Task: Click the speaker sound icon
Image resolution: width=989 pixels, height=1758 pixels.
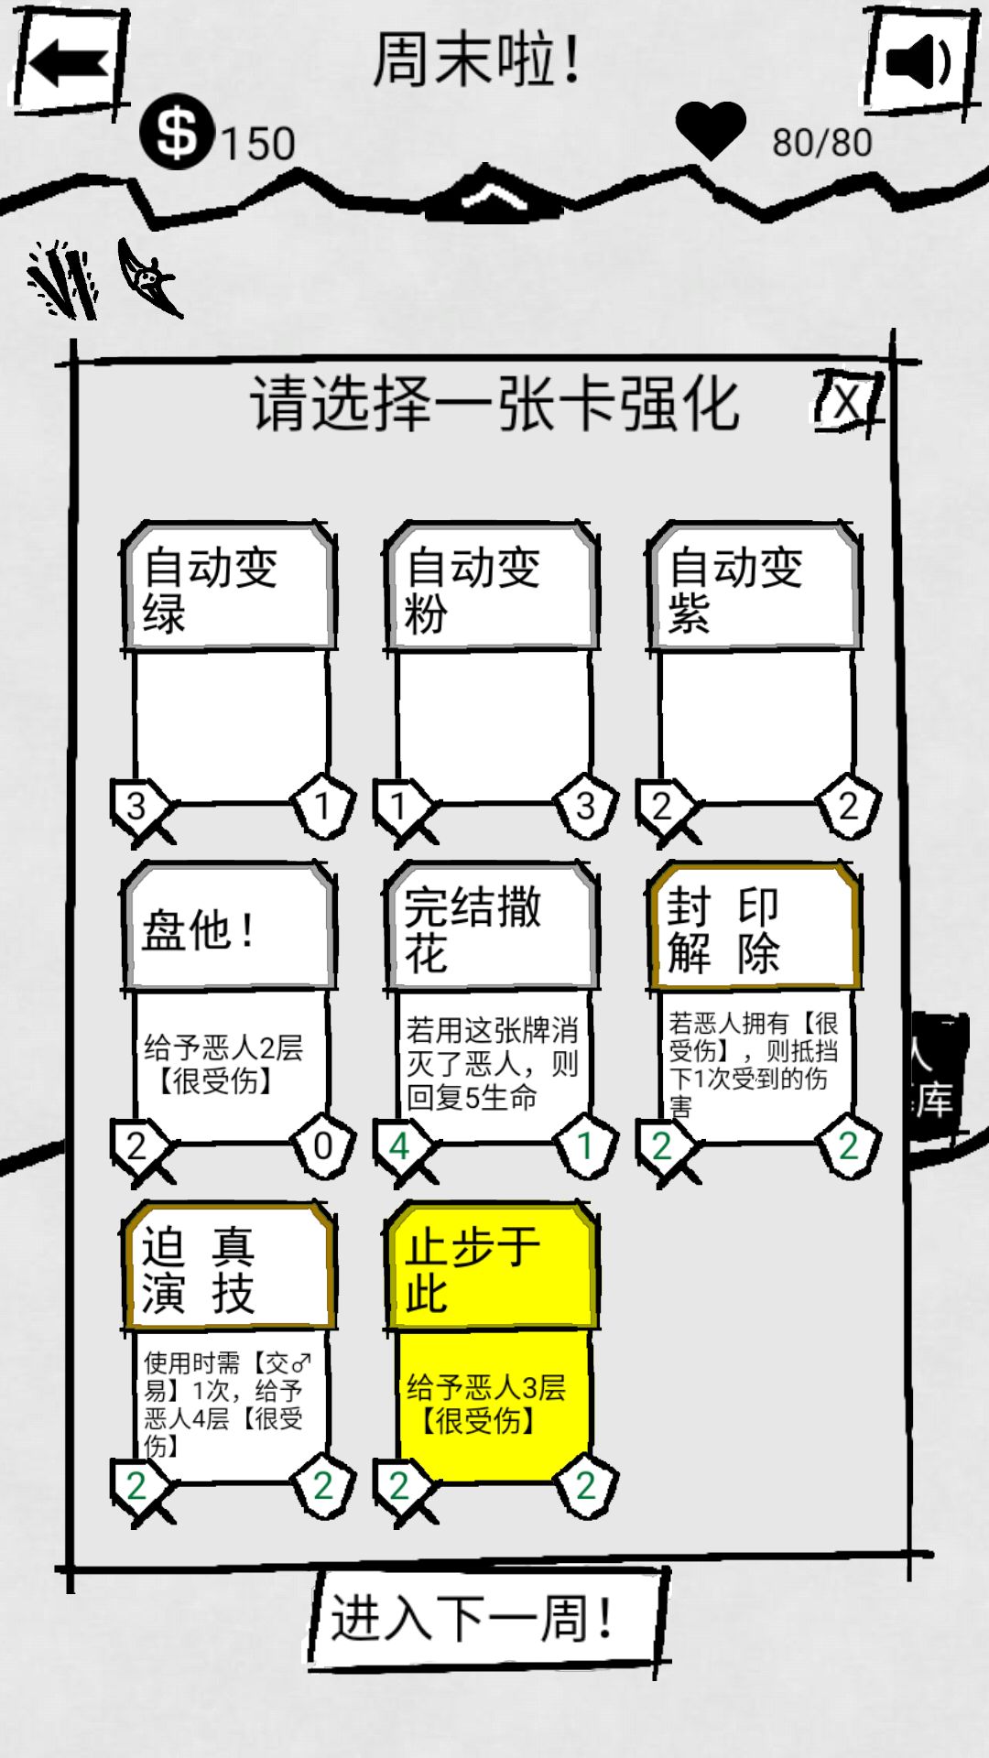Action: (919, 62)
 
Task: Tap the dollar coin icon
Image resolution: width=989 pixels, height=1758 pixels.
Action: (177, 132)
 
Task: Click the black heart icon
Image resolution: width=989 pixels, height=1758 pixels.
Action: (711, 130)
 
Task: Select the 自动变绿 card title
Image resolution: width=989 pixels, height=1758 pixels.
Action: (211, 590)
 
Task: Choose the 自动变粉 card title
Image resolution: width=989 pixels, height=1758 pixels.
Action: (473, 590)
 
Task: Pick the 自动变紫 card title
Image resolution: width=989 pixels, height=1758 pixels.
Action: (735, 590)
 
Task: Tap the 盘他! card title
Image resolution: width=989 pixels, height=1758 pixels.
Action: (198, 930)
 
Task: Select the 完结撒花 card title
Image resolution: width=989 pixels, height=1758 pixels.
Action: (473, 930)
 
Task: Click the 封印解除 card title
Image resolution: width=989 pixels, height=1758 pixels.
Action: (723, 930)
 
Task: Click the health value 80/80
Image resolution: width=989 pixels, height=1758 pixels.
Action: (821, 143)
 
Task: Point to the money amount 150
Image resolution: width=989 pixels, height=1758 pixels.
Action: (257, 144)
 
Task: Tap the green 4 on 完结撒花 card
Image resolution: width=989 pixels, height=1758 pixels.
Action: (398, 1146)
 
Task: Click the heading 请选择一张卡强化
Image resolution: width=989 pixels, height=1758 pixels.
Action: (494, 403)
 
